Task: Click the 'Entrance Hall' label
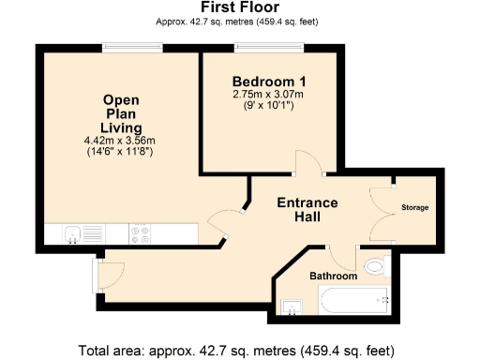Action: tap(307, 210)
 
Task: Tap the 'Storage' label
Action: tap(414, 207)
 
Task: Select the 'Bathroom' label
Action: tap(334, 277)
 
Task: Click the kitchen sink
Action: tap(72, 233)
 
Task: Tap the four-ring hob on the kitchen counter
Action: tap(141, 233)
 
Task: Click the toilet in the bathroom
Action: tap(375, 266)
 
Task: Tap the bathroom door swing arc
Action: tap(343, 253)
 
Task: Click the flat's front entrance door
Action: tap(108, 273)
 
